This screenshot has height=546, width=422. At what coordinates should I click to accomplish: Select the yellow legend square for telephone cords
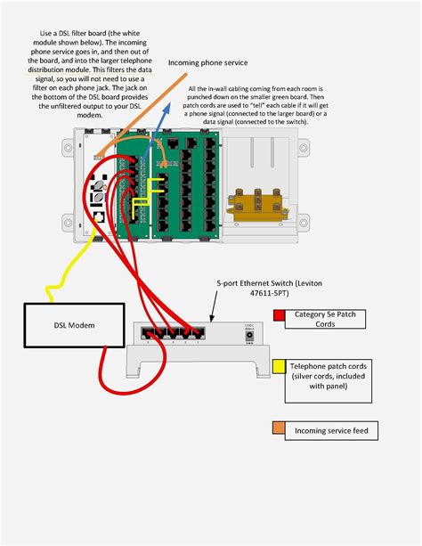pyautogui.click(x=279, y=365)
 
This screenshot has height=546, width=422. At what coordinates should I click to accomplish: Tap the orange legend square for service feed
pyautogui.click(x=279, y=429)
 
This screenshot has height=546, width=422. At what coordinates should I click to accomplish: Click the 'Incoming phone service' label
pyautogui.click(x=207, y=63)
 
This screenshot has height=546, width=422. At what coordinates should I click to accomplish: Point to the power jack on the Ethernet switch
pyautogui.click(x=251, y=336)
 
